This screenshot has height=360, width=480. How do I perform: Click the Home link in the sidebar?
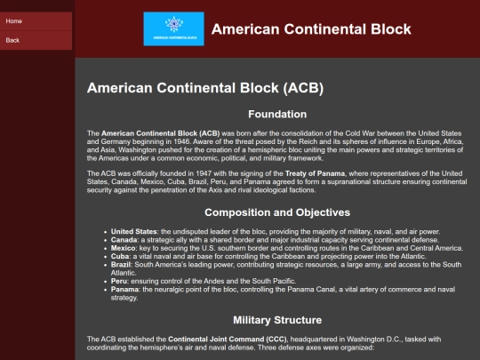coord(13,21)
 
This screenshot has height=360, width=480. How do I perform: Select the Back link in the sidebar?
coord(12,40)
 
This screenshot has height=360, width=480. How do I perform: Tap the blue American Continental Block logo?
coord(174,28)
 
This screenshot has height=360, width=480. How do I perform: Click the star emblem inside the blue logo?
coord(174,24)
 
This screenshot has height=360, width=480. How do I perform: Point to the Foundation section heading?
coord(277,114)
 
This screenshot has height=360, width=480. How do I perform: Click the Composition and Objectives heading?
coord(277,212)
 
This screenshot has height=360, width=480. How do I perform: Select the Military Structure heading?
coord(277,320)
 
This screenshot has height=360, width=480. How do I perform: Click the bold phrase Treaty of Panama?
coord(315,173)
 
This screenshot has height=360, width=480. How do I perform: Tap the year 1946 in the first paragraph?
coord(181,141)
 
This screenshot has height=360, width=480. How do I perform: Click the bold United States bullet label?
coord(134,231)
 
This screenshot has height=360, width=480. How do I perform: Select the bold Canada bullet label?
coord(124,240)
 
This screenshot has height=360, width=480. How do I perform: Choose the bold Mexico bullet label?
coord(123,248)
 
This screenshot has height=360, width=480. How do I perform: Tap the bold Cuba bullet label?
coord(120,256)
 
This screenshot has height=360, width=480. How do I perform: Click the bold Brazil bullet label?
coord(121,265)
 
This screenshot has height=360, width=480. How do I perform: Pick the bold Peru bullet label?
coord(119,281)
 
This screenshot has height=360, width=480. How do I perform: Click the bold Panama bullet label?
coord(124,289)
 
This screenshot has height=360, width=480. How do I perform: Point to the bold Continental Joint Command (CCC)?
coord(228,340)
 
